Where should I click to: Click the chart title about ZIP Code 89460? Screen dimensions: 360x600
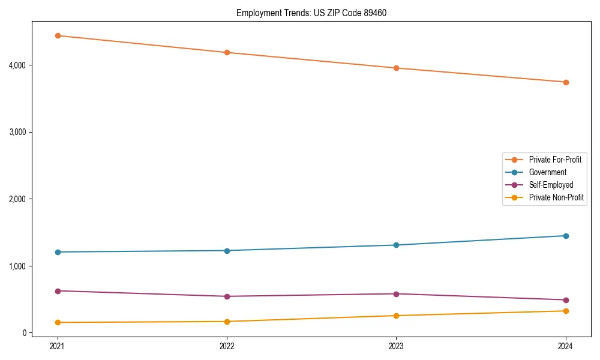point(316,13)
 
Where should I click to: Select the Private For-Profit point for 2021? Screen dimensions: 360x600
point(58,35)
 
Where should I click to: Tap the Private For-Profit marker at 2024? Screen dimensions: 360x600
point(565,82)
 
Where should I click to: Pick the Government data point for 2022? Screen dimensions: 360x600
point(227,251)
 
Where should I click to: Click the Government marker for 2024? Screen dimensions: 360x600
point(565,236)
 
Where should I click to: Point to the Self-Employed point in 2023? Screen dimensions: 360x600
point(396,294)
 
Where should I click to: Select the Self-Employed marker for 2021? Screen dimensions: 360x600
point(58,291)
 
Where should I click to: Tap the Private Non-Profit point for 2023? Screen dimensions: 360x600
point(396,316)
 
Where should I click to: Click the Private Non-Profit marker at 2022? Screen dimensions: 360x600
point(227,322)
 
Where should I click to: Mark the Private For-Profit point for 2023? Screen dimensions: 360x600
point(396,68)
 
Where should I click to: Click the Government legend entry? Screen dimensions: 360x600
point(547,172)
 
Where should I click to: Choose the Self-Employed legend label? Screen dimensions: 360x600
point(551,185)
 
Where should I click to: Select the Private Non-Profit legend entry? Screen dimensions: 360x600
point(556,197)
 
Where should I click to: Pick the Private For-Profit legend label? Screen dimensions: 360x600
point(555,160)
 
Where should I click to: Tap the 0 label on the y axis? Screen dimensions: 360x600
point(25,333)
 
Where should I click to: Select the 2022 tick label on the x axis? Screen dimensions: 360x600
point(227,346)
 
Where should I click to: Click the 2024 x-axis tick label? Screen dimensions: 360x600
point(565,346)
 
